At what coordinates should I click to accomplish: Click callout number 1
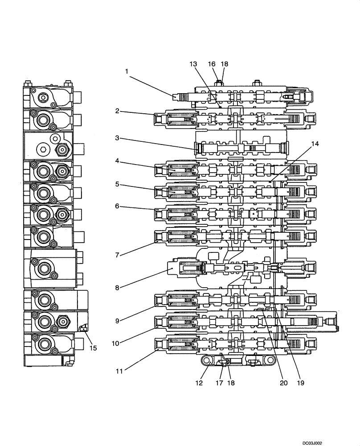127,70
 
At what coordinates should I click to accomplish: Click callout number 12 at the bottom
200,383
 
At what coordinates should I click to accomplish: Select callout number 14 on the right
315,144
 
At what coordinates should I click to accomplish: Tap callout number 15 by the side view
92,347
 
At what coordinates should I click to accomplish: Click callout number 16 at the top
212,64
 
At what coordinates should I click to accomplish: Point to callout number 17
220,383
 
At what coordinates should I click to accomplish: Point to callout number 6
117,206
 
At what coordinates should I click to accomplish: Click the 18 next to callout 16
224,64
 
